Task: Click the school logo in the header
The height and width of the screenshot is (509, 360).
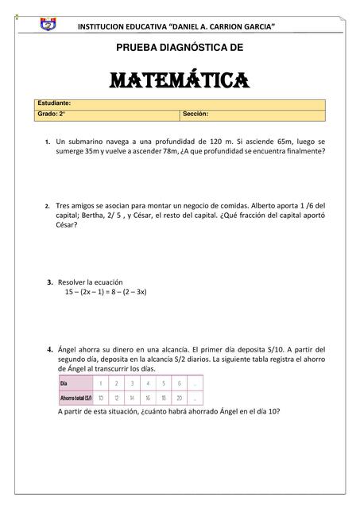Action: pos(48,25)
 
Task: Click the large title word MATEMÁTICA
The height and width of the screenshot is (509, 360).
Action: pos(180,80)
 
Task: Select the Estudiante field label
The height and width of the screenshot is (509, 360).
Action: pos(55,103)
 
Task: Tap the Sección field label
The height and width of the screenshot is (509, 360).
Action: pos(195,114)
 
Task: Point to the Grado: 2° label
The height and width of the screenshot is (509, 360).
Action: pos(52,114)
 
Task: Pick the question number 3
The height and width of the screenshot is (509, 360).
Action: pos(49,282)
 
